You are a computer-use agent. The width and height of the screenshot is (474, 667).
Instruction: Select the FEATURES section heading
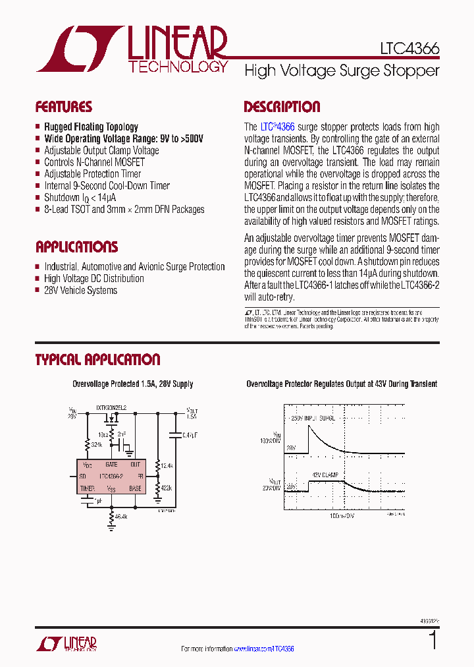63,107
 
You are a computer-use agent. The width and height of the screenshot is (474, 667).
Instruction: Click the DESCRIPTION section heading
282,107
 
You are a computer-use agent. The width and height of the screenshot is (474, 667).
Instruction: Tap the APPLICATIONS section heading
76,247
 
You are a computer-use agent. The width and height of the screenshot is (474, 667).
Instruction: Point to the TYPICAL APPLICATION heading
97,360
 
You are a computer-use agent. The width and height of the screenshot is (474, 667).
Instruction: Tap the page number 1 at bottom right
433,641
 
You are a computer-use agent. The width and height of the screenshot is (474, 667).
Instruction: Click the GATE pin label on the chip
111,464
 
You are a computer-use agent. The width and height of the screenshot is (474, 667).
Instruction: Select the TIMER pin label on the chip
88,488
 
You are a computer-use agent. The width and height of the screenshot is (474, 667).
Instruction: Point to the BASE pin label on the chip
135,488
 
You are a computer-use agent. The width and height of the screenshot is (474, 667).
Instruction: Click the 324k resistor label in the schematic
97,446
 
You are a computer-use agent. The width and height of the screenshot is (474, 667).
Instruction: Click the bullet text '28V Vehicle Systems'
80,290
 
